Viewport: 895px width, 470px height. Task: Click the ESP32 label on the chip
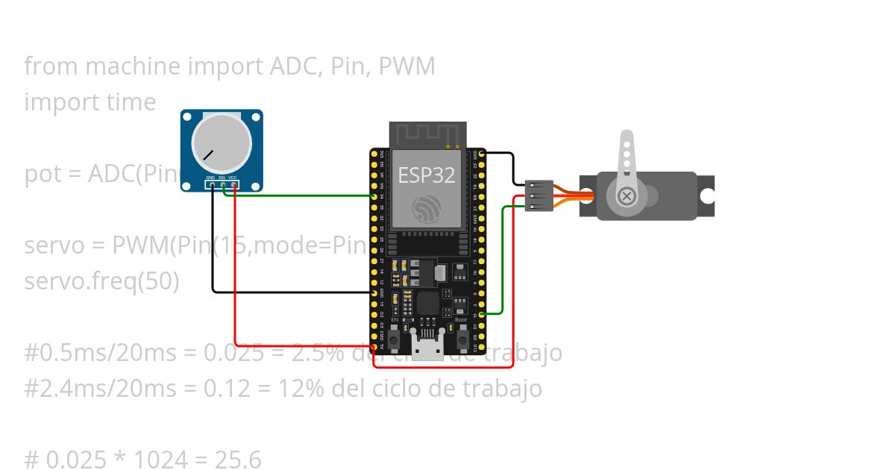pyautogui.click(x=427, y=175)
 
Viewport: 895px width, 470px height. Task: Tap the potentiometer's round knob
pyautogui.click(x=222, y=142)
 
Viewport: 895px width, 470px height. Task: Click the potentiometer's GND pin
pyautogui.click(x=212, y=184)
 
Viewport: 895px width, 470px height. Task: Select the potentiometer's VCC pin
pyautogui.click(x=234, y=184)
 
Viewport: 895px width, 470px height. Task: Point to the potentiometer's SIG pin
pyautogui.click(x=223, y=184)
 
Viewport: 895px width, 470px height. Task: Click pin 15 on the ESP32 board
pyautogui.click(x=482, y=315)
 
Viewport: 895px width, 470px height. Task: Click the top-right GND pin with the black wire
pyautogui.click(x=482, y=153)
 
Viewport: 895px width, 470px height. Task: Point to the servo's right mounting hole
pyautogui.click(x=706, y=196)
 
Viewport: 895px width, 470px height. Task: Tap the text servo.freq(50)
pyautogui.click(x=101, y=281)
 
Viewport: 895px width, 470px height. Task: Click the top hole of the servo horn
pyautogui.click(x=627, y=140)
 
